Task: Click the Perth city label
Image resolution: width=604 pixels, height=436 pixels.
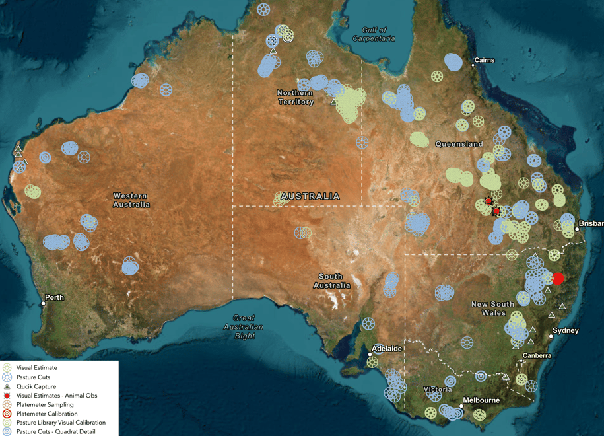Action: (55, 297)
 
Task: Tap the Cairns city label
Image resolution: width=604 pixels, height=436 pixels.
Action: (484, 61)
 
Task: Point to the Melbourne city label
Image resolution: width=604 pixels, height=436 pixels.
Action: (481, 400)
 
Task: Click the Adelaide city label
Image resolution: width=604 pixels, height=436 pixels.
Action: (387, 347)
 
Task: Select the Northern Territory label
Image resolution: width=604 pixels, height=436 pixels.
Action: (296, 97)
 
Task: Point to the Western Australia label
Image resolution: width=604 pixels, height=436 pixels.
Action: (131, 200)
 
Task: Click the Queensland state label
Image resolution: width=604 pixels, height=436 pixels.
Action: (459, 144)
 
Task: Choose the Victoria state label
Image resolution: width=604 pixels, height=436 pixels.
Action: (438, 389)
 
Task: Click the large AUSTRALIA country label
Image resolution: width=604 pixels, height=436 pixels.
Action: (310, 196)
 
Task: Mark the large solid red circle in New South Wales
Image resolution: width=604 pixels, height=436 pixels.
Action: (558, 279)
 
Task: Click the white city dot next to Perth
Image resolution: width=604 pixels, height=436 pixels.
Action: (44, 303)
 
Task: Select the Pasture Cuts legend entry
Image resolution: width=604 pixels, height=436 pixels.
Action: (33, 377)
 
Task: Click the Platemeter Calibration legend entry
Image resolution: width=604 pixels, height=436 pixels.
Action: (46, 414)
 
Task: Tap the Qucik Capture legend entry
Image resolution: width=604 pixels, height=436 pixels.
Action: (36, 386)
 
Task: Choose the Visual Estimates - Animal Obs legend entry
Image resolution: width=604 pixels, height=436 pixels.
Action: (56, 396)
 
